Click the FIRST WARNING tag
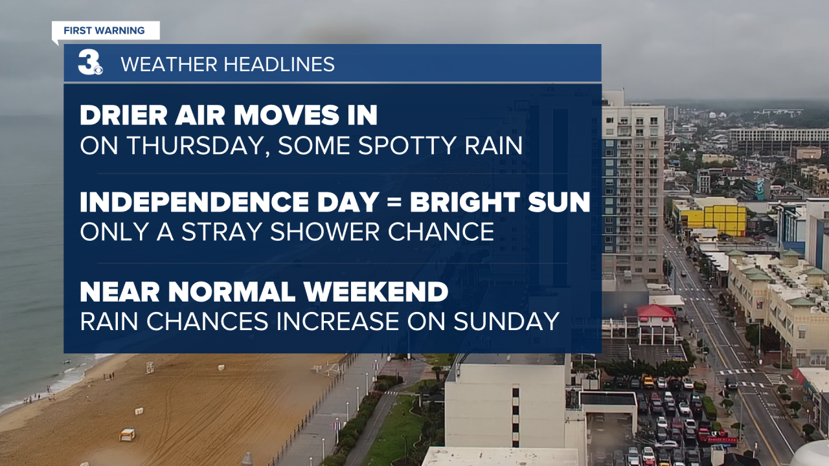[106, 30]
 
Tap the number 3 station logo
[90, 63]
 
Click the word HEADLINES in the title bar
[279, 64]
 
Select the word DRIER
[123, 115]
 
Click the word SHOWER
[325, 232]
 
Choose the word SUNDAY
[506, 321]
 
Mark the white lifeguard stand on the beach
[150, 367]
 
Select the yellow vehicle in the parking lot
[648, 381]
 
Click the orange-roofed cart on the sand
[128, 434]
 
